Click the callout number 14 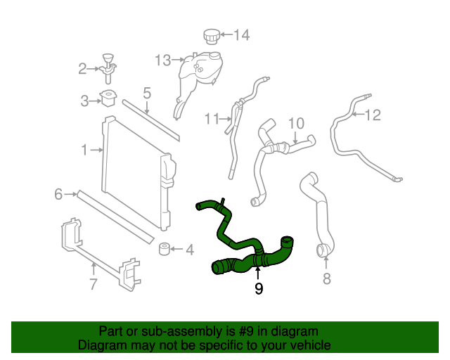[241, 34]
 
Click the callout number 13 [162, 60]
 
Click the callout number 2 [82, 68]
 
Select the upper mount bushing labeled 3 [108, 99]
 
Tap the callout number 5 [147, 92]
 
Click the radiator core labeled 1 [134, 169]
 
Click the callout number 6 [58, 194]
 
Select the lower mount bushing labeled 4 [166, 250]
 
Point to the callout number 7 [94, 283]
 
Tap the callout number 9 [259, 288]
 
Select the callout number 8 [326, 279]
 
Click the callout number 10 [296, 123]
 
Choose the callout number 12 [373, 115]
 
